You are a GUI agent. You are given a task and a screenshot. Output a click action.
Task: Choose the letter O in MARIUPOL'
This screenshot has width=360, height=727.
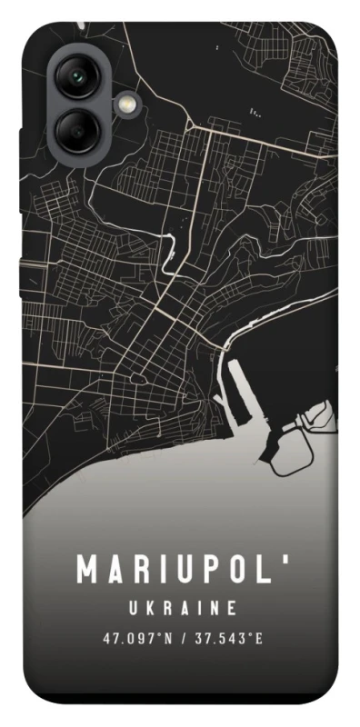pyautogui.click(x=240, y=570)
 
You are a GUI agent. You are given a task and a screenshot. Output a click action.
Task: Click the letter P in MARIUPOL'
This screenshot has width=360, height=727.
pyautogui.click(x=215, y=570)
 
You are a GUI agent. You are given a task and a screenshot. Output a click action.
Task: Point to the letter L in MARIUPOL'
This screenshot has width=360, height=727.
pyautogui.click(x=265, y=570)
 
